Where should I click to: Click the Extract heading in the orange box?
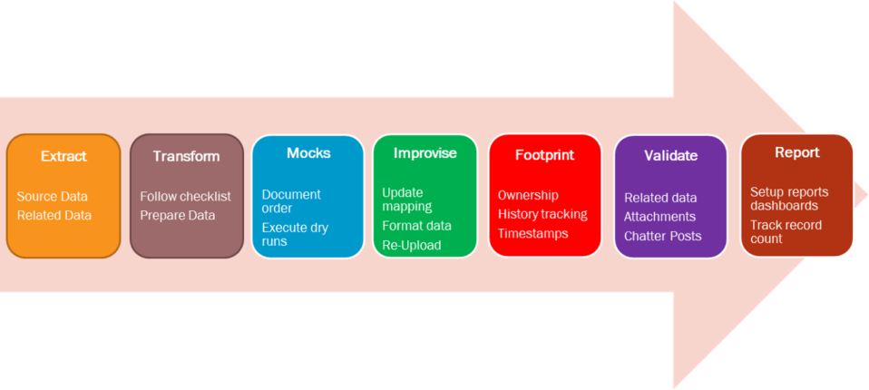[x=63, y=156]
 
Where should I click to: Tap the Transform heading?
[x=186, y=156]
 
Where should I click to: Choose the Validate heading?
[x=670, y=156]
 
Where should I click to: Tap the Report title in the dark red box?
[x=796, y=152]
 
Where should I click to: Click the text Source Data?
[x=52, y=197]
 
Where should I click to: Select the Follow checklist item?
[x=185, y=197]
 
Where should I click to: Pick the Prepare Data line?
[x=178, y=216]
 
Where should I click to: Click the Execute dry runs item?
[x=295, y=234]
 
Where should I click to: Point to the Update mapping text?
[x=406, y=200]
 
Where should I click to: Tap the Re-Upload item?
[x=412, y=246]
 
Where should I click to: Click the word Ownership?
[x=528, y=196]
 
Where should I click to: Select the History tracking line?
[x=542, y=214]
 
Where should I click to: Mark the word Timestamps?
[x=533, y=233]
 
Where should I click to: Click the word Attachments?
[x=659, y=217]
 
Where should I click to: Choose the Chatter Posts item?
[x=663, y=236]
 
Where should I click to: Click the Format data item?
[x=416, y=226]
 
